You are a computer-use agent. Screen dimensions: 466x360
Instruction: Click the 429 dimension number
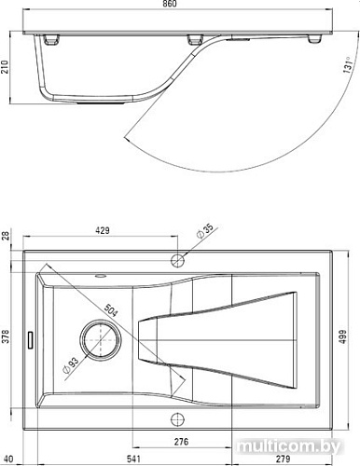(x=101, y=228)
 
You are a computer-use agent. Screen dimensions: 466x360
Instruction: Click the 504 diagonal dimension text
(x=110, y=309)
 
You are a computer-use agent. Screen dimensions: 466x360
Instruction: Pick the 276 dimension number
(x=183, y=441)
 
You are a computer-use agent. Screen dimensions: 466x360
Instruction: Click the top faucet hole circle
(x=176, y=255)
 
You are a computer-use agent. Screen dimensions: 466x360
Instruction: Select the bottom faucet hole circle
(x=176, y=417)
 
